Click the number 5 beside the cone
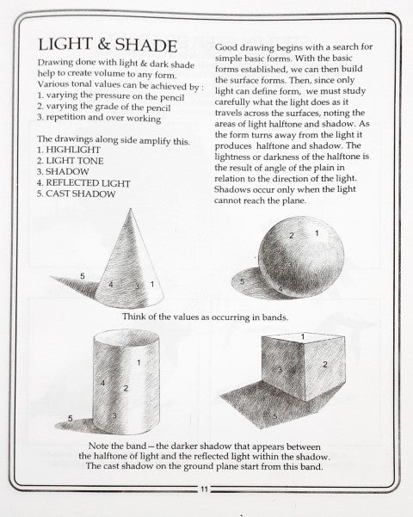(82, 274)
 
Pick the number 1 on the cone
(152, 284)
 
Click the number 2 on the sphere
(292, 236)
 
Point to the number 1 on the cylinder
(139, 364)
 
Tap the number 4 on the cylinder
(102, 382)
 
